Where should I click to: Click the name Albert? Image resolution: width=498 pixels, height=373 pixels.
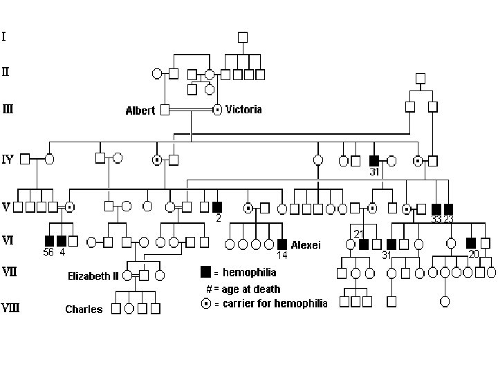point(140,111)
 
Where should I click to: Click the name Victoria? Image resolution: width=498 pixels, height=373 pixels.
point(244,109)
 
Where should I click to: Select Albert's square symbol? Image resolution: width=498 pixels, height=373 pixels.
point(165,109)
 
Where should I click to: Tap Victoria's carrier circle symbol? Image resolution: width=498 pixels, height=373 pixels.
point(216,109)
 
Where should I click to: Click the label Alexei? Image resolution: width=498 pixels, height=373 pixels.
point(305,244)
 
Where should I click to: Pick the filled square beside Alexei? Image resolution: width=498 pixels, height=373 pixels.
point(282,244)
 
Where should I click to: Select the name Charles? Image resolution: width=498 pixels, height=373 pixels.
point(84,309)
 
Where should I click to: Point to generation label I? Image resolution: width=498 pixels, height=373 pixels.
point(4,35)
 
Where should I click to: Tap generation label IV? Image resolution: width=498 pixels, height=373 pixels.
point(8,160)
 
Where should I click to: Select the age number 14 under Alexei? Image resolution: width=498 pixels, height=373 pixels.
point(282,255)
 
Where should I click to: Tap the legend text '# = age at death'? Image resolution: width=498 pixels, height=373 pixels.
point(243,289)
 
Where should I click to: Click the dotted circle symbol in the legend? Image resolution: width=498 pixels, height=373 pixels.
point(205,303)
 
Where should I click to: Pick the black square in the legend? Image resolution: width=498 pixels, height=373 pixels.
point(205,272)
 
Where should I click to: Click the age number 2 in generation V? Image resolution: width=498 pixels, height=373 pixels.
point(217,218)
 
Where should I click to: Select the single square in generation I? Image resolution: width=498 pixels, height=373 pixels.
point(242,37)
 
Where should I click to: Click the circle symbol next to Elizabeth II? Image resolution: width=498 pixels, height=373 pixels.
point(127,276)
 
